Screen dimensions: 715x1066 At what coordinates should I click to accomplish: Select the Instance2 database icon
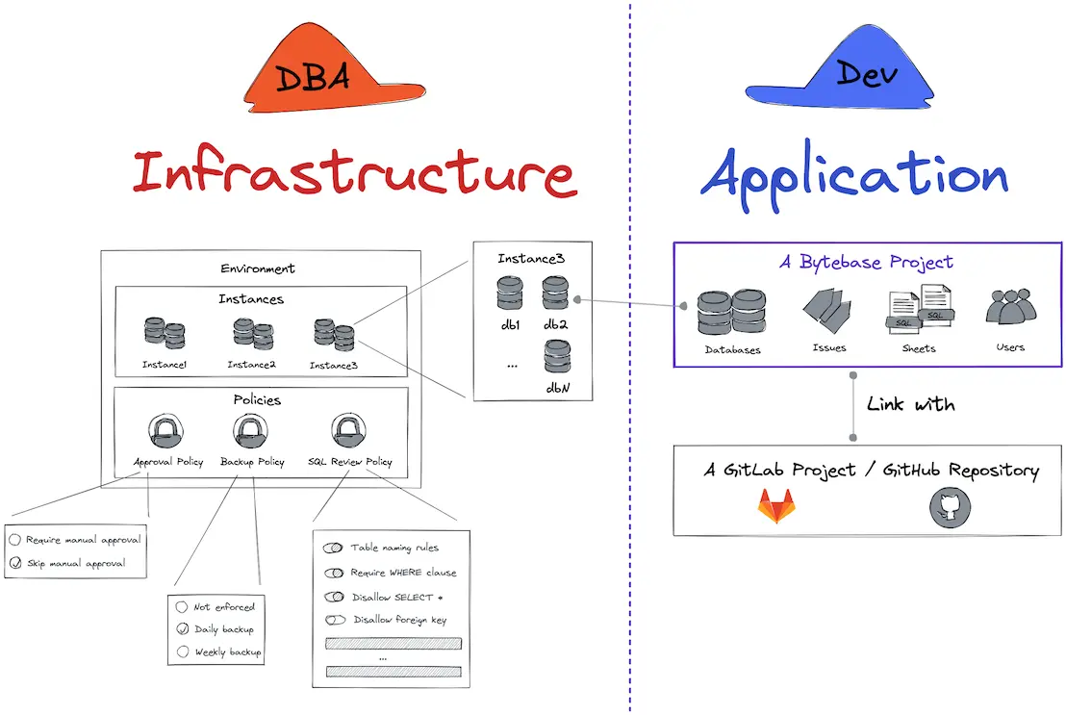point(253,333)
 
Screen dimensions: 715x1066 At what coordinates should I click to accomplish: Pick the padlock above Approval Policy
point(167,430)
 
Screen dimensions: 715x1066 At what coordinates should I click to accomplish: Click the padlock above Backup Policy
point(250,430)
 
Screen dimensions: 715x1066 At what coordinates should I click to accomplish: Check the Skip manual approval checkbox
point(15,563)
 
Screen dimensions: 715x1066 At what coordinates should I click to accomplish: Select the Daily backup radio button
point(182,629)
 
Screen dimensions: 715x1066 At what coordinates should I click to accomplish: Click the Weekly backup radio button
point(182,652)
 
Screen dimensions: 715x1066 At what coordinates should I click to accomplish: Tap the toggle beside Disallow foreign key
point(335,621)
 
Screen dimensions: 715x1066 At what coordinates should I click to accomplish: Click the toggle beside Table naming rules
point(334,548)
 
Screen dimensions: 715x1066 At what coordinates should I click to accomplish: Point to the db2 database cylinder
point(555,293)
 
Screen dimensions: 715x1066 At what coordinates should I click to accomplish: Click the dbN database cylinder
point(556,357)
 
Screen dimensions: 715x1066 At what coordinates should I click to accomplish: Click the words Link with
point(909,404)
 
